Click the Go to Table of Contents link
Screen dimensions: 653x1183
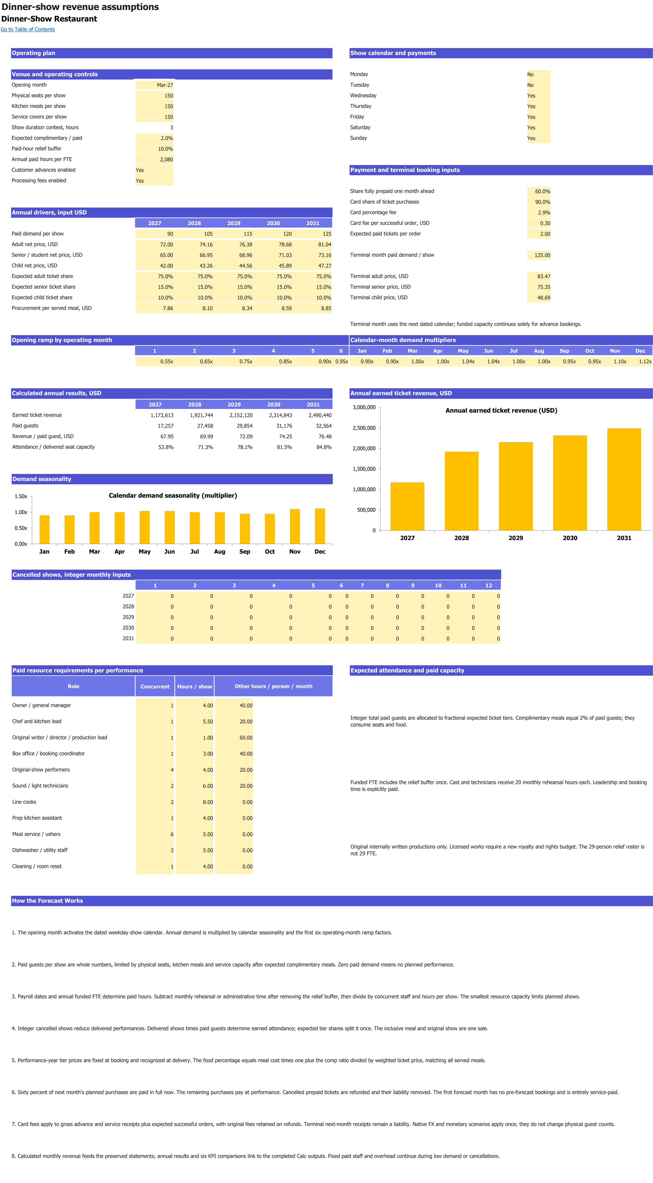coord(28,29)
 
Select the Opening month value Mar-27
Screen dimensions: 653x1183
coord(165,85)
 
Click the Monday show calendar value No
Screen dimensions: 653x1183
coord(530,74)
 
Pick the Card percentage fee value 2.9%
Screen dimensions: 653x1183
coord(544,213)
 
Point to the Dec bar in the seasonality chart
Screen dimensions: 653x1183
coord(320,526)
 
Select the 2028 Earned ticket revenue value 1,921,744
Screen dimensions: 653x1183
coord(202,415)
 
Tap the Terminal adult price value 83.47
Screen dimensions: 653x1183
coord(544,276)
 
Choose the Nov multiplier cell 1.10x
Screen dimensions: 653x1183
coord(620,361)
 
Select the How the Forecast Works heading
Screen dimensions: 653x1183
coord(47,901)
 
